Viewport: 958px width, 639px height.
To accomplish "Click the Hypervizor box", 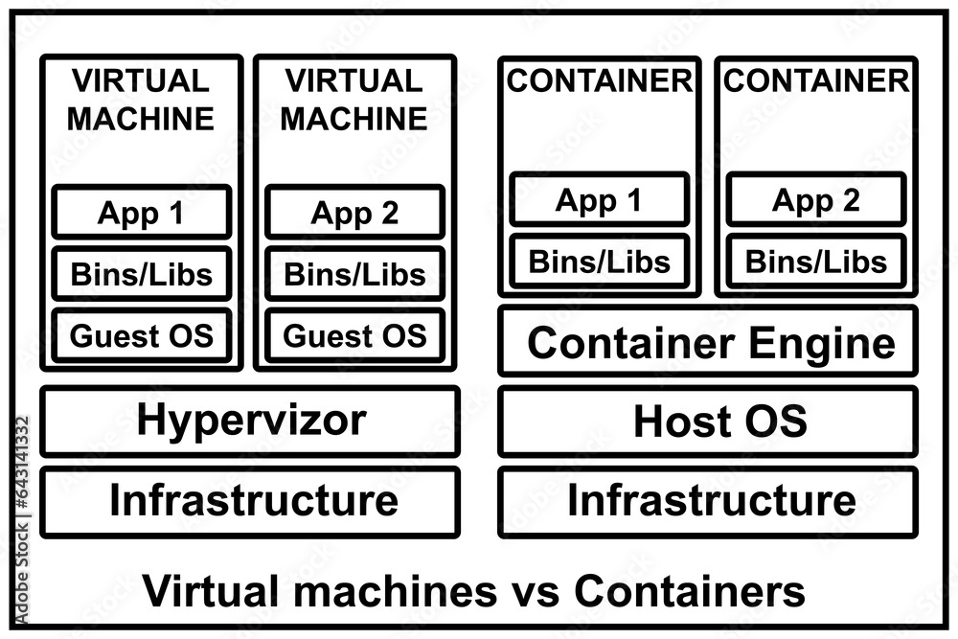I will coord(250,422).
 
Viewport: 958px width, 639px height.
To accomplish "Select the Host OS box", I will coord(707,422).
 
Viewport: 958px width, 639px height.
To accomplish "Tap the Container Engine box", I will coord(707,342).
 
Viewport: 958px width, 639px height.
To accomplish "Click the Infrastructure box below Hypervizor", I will coord(250,501).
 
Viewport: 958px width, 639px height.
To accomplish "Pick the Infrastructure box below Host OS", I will coord(707,501).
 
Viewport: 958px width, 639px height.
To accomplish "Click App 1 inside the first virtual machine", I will coord(142,213).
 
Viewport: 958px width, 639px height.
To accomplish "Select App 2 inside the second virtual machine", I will coord(354,213).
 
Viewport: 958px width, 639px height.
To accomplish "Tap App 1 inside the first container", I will coord(599,200).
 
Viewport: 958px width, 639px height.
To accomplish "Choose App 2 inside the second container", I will coord(815,200).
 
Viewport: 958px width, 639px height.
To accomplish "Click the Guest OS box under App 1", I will coord(142,336).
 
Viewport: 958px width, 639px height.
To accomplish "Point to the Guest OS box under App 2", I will coord(354,336).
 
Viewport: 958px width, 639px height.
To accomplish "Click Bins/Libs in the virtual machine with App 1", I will coord(142,275).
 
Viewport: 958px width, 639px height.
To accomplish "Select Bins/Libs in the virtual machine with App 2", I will coord(354,275).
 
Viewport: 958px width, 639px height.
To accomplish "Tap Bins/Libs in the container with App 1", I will coord(599,261).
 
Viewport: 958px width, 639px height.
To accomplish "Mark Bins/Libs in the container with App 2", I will coord(815,261).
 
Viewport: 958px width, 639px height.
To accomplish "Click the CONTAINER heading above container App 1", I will coord(599,81).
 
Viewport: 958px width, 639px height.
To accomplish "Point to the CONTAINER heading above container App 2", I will coord(815,81).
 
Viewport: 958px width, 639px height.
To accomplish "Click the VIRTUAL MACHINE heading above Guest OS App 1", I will coord(142,100).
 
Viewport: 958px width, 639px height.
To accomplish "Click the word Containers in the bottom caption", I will coord(690,592).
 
